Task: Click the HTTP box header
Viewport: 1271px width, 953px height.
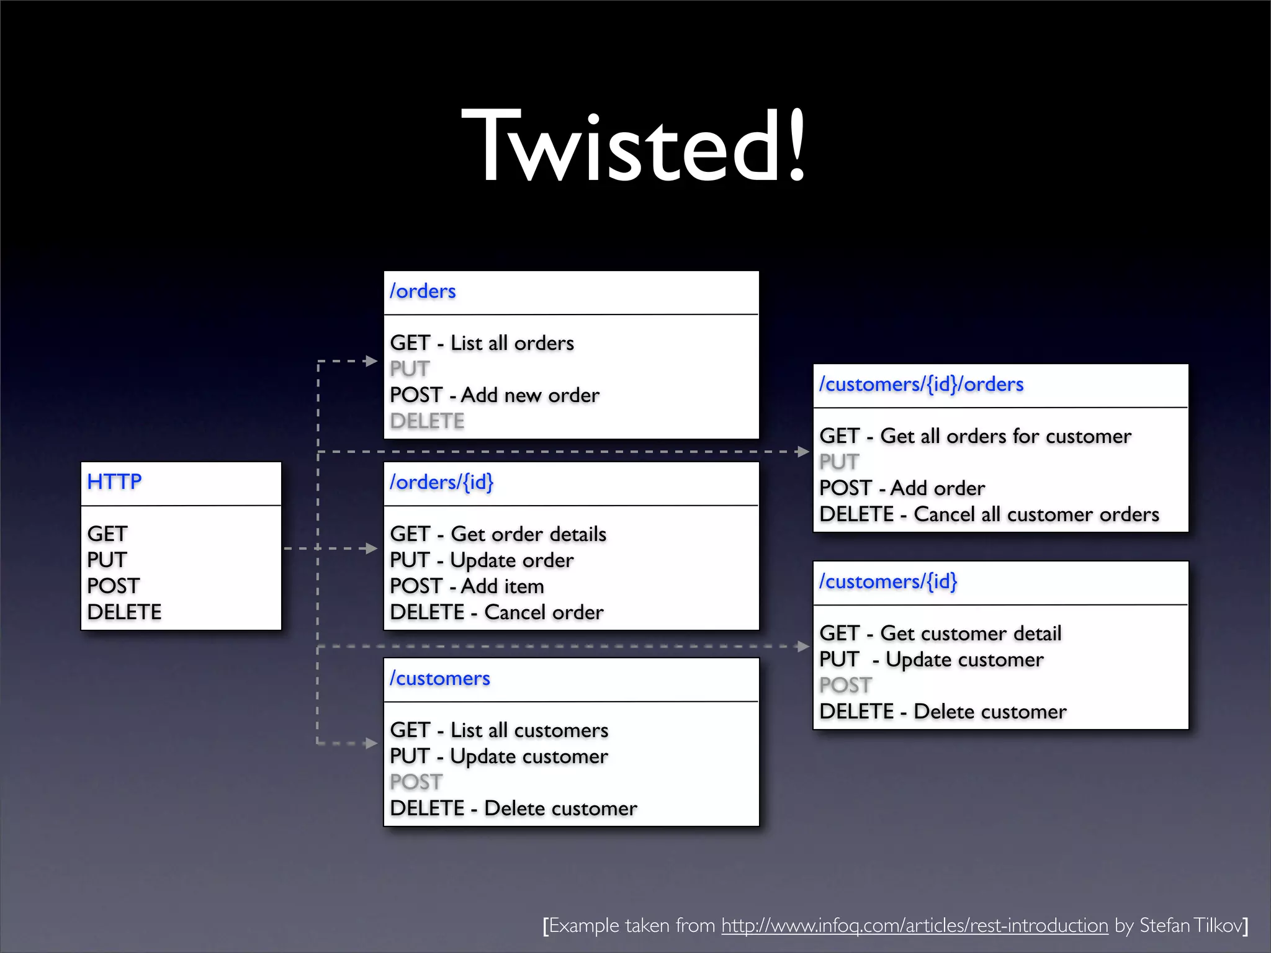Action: click(x=114, y=481)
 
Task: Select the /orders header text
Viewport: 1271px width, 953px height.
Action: click(x=423, y=291)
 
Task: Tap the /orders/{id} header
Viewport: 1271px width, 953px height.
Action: click(x=441, y=482)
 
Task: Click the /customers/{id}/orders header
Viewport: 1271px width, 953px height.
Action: click(x=921, y=384)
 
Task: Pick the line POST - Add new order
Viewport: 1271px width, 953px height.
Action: click(x=495, y=395)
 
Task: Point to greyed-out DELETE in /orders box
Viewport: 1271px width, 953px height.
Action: click(x=427, y=421)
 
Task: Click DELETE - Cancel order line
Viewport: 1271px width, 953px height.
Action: click(x=496, y=612)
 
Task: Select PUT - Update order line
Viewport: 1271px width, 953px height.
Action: click(x=482, y=560)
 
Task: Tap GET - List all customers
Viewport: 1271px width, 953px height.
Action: click(x=499, y=730)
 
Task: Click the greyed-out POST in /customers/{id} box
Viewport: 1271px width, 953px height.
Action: click(x=845, y=686)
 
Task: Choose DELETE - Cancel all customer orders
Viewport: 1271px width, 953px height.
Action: click(x=989, y=514)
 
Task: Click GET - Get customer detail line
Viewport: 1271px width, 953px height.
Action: click(x=940, y=633)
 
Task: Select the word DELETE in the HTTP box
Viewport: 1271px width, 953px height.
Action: click(x=124, y=612)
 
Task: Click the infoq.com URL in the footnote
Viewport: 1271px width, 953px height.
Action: click(x=914, y=925)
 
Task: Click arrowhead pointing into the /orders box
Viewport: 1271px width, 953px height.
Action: click(x=371, y=361)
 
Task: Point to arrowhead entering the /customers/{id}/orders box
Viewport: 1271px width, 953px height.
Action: click(x=802, y=452)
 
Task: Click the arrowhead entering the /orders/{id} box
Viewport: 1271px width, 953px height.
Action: click(x=371, y=548)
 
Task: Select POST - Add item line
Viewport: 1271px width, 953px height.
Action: click(x=467, y=586)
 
